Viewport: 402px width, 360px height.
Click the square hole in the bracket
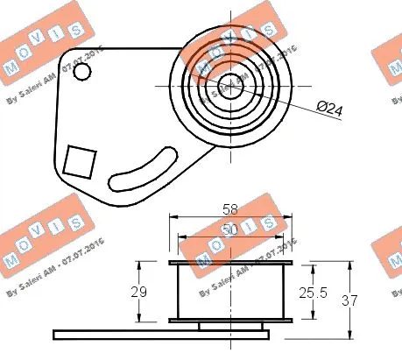(81, 161)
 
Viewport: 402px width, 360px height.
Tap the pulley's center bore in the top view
(229, 86)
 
